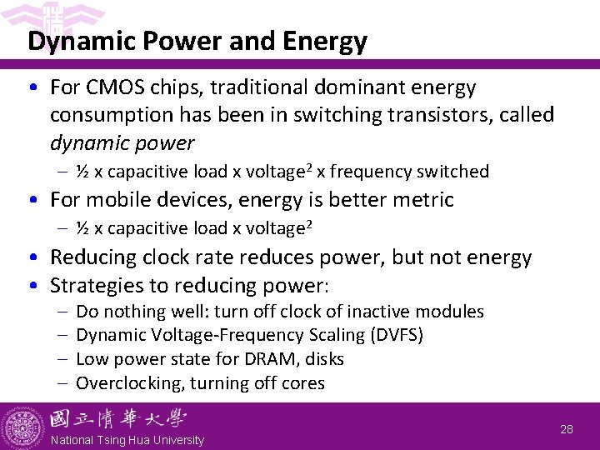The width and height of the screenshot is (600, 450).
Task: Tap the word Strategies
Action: pyautogui.click(x=98, y=285)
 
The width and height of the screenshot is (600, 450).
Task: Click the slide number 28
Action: pyautogui.click(x=566, y=429)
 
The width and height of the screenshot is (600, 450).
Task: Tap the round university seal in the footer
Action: pyautogui.click(x=22, y=427)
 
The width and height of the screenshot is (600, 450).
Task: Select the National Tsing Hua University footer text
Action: pyautogui.click(x=127, y=440)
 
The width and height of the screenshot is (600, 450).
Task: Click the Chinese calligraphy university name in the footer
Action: pyautogui.click(x=117, y=419)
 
